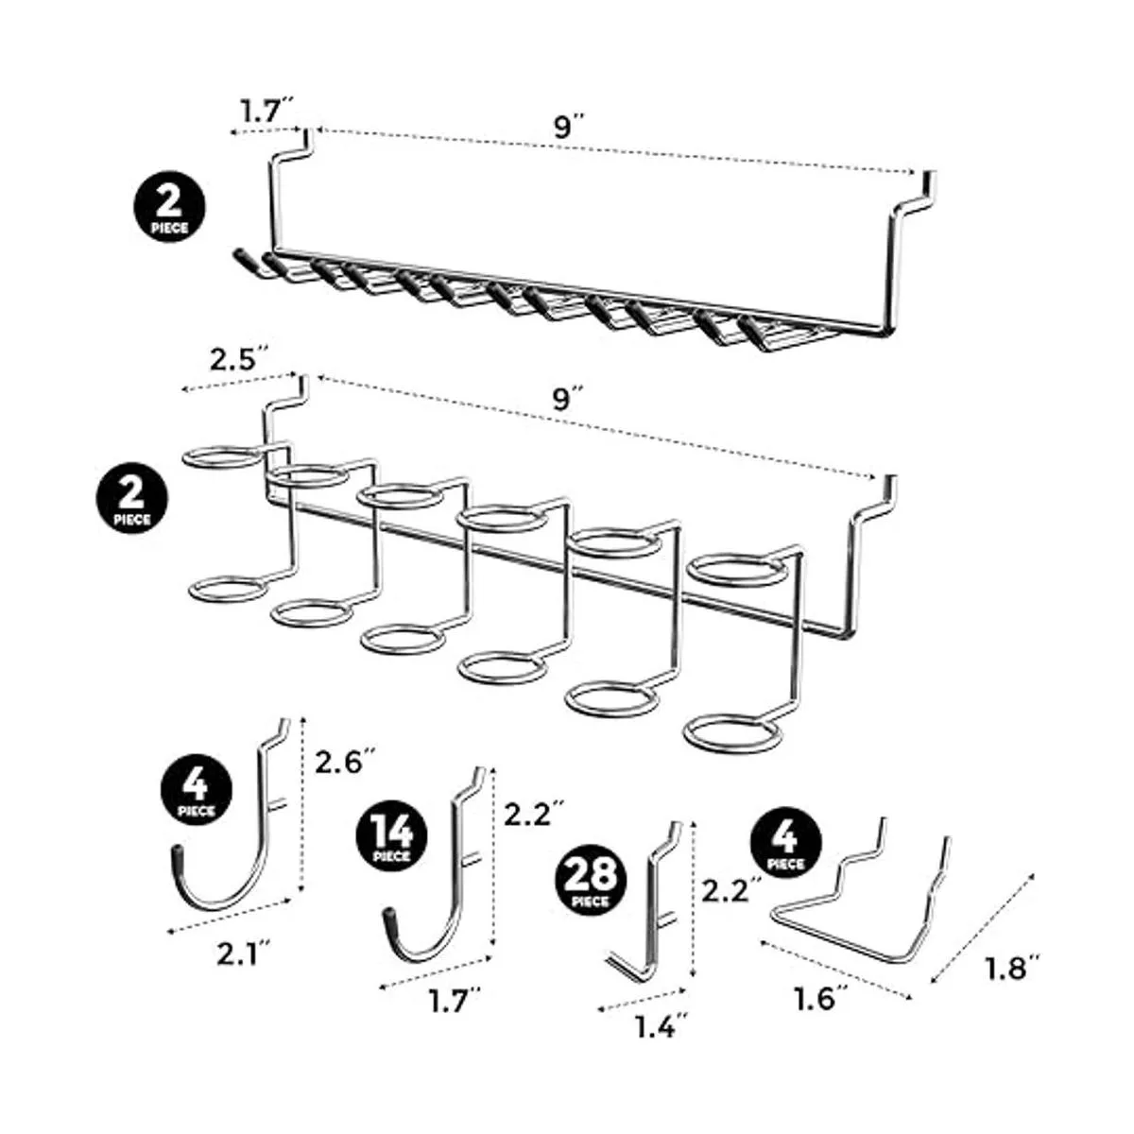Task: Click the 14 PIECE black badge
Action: point(391,836)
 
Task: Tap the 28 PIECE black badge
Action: point(593,880)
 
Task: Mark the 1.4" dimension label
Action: point(654,1026)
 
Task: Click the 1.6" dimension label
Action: point(816,997)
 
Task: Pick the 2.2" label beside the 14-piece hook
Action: point(535,812)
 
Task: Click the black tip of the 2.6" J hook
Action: point(176,854)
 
